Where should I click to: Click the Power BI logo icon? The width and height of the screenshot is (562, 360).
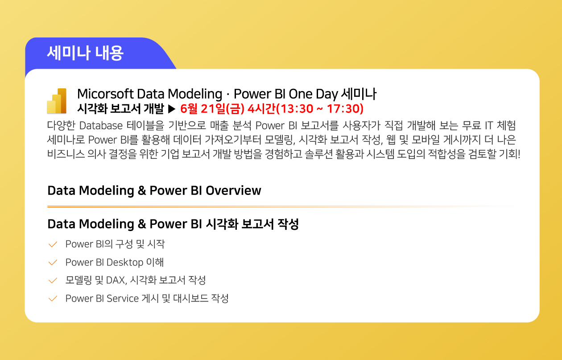pos(57,101)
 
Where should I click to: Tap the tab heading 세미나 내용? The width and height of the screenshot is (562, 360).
pos(85,53)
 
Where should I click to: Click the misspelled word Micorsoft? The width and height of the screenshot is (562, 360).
pos(105,94)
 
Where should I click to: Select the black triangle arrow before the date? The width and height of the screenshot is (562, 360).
pos(172,109)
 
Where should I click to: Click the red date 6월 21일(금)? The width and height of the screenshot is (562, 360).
pos(212,109)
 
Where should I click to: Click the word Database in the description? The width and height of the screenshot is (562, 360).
pos(101,125)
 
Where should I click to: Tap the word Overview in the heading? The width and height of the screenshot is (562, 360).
pos(233,190)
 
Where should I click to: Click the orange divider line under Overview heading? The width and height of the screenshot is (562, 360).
pos(281,207)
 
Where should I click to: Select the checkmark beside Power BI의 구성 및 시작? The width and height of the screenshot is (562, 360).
pos(53,244)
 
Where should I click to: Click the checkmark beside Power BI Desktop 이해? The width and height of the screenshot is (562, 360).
pos(53,262)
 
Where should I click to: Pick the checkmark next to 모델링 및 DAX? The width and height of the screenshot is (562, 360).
pos(53,280)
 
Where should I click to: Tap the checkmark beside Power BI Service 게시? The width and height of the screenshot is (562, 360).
pos(53,298)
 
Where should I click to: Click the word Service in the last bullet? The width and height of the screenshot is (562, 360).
pos(123,298)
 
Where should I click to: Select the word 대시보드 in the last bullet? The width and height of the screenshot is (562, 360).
pos(191,298)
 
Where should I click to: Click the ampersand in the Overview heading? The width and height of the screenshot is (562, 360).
pos(142,190)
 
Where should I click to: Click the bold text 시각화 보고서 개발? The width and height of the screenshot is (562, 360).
pos(120,109)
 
